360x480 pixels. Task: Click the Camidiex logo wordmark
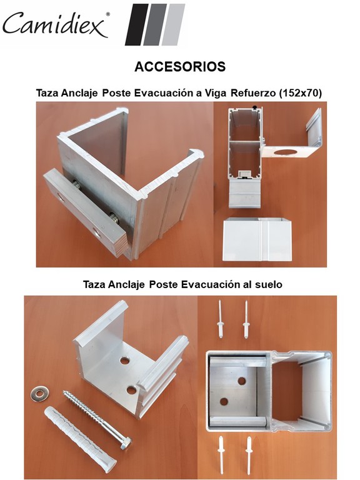coord(55,24)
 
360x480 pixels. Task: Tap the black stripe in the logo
coord(136,24)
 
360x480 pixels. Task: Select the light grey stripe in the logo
coord(173,24)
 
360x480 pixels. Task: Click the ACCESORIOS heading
coord(180,67)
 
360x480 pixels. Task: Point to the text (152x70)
coord(300,92)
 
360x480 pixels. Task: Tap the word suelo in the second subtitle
coord(269,284)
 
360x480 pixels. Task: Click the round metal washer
coord(39,394)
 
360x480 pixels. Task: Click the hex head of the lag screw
coord(126,443)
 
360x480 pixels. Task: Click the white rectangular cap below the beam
coord(257,239)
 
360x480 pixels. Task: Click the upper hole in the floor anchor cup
coord(124,360)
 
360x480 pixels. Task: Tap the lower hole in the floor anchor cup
coord(132,390)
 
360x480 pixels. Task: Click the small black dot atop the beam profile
coord(255,106)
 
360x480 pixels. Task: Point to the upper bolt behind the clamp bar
coord(76,184)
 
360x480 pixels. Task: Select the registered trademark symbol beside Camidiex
coord(107,14)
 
